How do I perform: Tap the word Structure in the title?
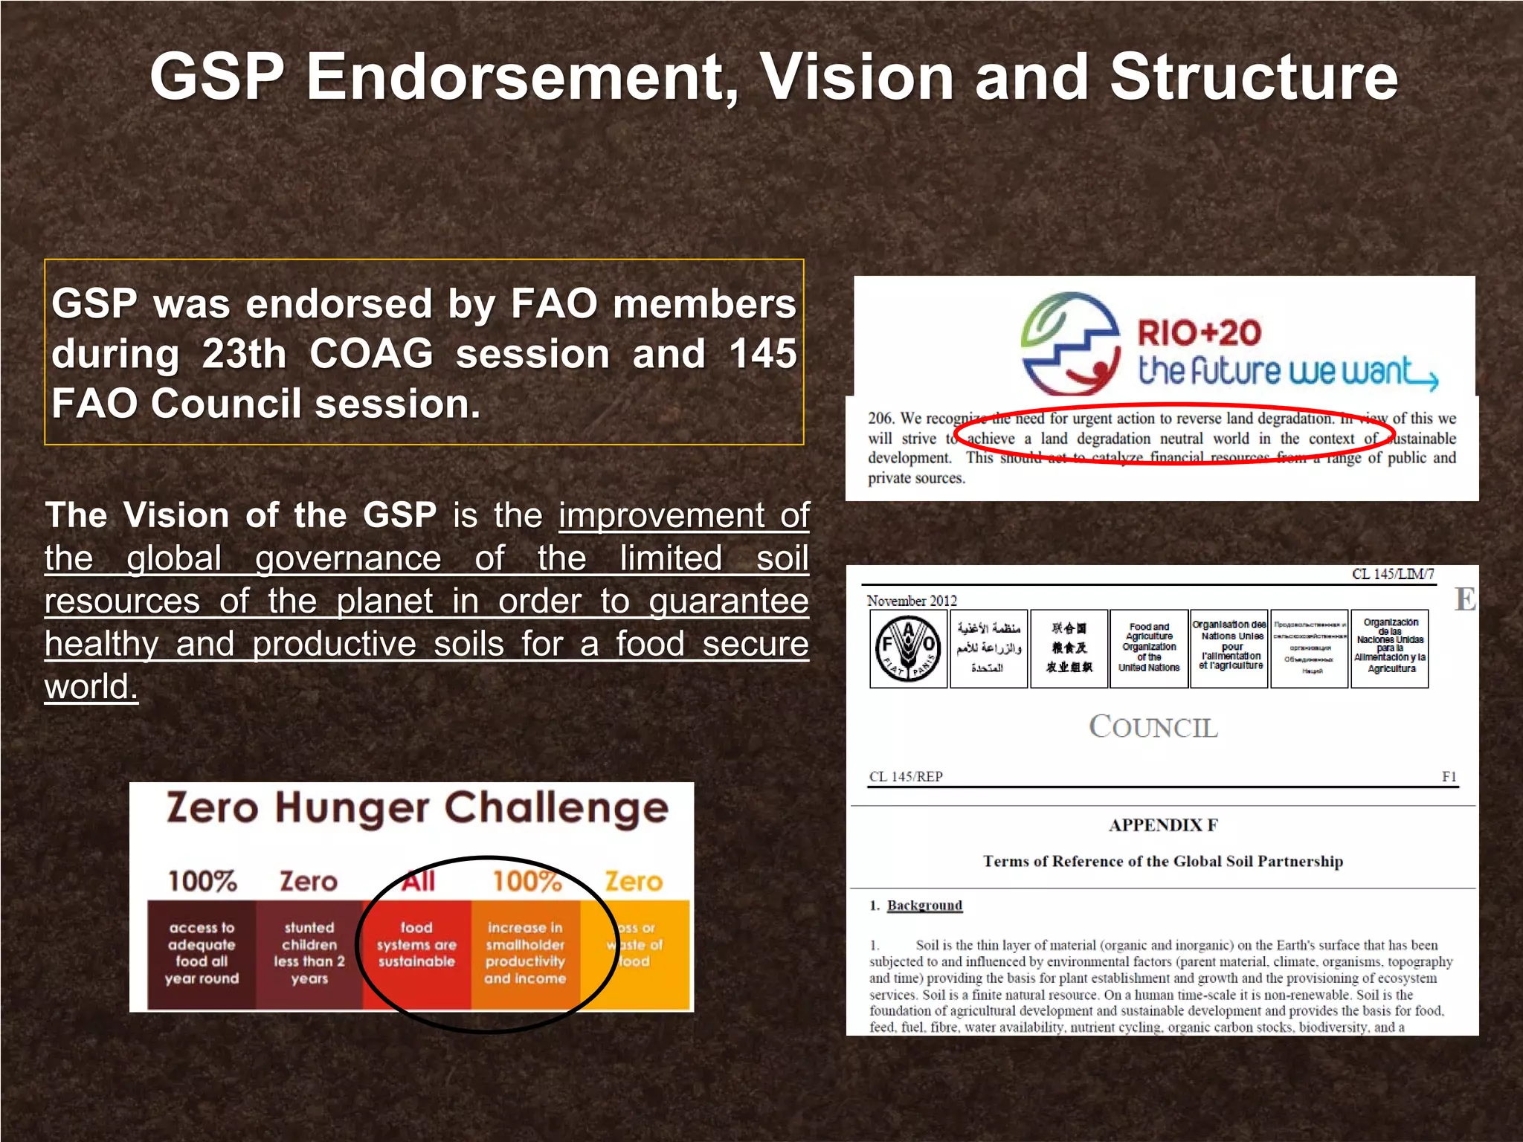click(1254, 77)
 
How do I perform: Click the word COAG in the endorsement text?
click(371, 354)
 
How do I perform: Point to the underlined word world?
click(91, 686)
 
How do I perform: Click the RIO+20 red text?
click(1199, 332)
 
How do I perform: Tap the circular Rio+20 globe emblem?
click(1069, 343)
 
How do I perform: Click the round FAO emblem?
click(908, 649)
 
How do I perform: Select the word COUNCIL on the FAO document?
click(1153, 727)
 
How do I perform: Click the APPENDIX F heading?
click(1163, 825)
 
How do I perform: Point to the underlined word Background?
click(924, 906)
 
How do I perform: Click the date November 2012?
click(912, 601)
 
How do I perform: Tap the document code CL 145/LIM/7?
click(1393, 574)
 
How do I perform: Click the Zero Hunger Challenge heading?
click(417, 808)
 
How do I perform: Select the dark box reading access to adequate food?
click(202, 954)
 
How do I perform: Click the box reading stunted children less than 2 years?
click(309, 954)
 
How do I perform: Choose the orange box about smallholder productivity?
click(525, 954)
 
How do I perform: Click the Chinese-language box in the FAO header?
click(1069, 649)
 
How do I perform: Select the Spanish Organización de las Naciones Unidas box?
click(1389, 649)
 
